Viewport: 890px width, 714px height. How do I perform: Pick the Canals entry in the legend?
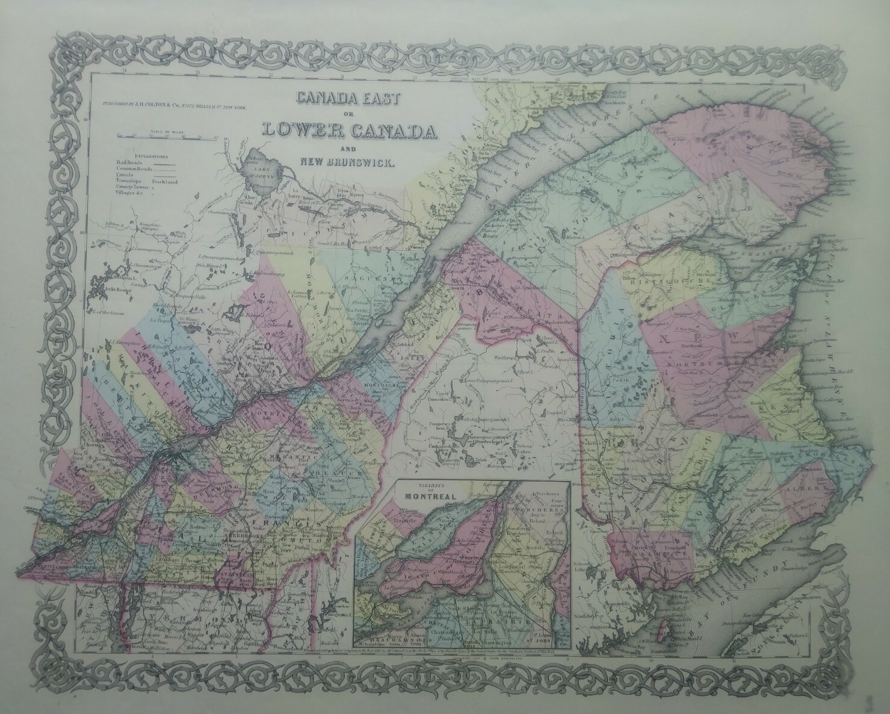click(126, 175)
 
